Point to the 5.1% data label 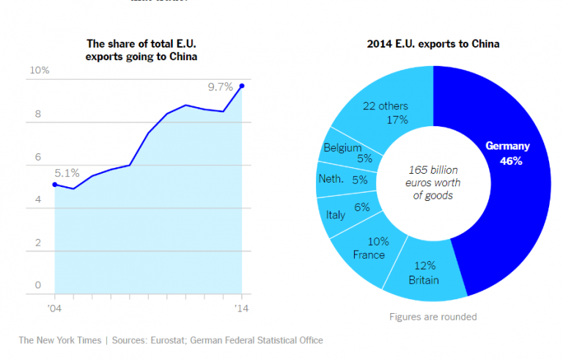point(67,173)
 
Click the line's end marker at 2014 point(242,86)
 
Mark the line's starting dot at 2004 point(55,185)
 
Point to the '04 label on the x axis point(54,308)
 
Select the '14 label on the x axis point(242,308)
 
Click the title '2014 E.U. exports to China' point(433,44)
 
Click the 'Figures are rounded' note point(433,317)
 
